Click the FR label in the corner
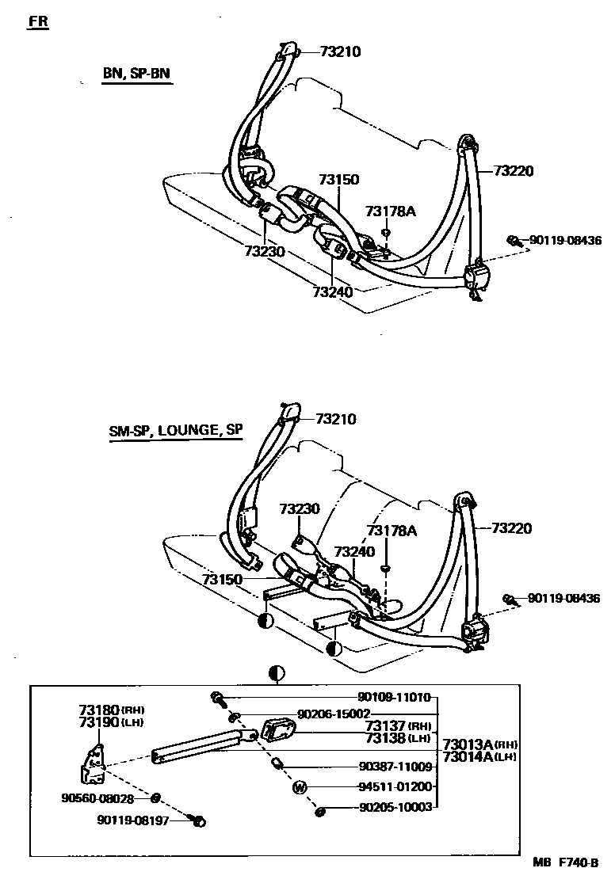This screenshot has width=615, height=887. (38, 21)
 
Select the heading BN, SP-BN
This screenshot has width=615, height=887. (136, 74)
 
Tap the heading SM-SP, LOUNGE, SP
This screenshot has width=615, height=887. (176, 431)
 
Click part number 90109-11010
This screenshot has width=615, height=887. (394, 698)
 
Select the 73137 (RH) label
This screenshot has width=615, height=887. (398, 725)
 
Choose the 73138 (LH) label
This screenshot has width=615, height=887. (398, 738)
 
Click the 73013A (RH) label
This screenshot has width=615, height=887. (479, 744)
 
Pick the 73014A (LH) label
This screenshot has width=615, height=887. (479, 757)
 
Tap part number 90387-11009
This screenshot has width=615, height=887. (394, 767)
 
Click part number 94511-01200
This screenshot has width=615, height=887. (394, 787)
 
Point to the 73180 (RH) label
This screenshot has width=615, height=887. (111, 710)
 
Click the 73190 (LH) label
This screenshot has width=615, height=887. (111, 722)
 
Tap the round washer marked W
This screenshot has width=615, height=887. (300, 787)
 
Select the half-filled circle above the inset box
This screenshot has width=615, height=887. (277, 674)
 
